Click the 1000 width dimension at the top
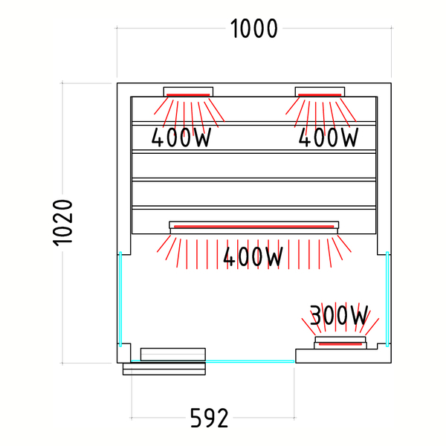click(253, 28)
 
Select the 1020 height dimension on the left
click(62, 223)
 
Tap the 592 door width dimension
click(209, 418)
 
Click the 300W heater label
click(339, 315)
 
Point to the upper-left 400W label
click(181, 137)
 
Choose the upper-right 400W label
click(329, 137)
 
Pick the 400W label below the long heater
click(253, 256)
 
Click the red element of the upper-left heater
click(188, 95)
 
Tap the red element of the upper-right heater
click(320, 95)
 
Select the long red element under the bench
click(253, 227)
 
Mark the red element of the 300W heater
click(340, 344)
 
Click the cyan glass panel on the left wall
click(120, 299)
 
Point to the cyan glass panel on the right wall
click(387, 299)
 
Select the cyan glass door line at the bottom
click(213, 361)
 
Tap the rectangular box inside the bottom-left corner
click(173, 355)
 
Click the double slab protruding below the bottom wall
click(164, 369)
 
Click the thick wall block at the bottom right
click(343, 356)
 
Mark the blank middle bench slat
click(253, 166)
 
